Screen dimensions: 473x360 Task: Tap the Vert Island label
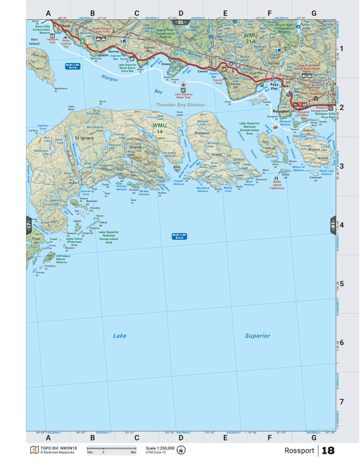click(x=34, y=42)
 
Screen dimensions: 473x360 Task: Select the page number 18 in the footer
click(x=328, y=451)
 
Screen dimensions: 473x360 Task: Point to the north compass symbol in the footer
click(x=182, y=450)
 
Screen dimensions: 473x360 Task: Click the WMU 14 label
click(x=160, y=128)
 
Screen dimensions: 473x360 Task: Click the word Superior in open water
click(x=257, y=336)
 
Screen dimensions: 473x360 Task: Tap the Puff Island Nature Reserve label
click(x=61, y=259)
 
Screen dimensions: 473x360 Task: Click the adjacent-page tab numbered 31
click(x=181, y=22)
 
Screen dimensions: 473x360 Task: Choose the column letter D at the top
click(x=181, y=13)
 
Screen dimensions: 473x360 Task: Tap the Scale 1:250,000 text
click(x=160, y=448)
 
